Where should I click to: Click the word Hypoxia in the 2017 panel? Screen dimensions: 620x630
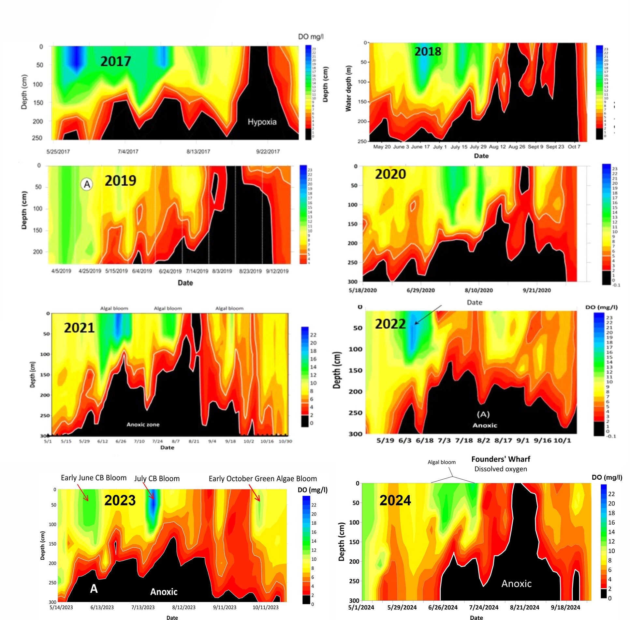[262, 122]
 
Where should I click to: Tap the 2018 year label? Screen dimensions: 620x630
[428, 52]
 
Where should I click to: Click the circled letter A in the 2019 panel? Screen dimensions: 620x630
[87, 184]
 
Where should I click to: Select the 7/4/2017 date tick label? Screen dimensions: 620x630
[128, 151]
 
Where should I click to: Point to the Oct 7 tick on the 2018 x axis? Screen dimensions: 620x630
[574, 147]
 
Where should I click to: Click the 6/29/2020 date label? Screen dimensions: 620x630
[420, 290]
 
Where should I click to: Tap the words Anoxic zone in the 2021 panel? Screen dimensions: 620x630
[143, 425]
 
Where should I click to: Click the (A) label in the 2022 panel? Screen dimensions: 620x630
[483, 414]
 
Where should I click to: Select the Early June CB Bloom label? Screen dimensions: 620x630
[94, 478]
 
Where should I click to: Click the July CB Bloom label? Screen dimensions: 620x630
[157, 478]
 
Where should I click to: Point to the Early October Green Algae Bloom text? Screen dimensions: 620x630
[263, 478]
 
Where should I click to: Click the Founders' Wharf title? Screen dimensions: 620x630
[501, 459]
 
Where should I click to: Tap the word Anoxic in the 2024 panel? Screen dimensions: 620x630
[516, 583]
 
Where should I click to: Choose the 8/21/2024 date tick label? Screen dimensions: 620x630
[524, 607]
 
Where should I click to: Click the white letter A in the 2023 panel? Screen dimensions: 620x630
[94, 589]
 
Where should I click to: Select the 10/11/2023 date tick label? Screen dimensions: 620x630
[266, 607]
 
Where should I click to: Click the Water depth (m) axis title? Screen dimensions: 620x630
[348, 88]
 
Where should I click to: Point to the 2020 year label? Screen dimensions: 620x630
[390, 174]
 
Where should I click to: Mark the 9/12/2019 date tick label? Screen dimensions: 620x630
[277, 271]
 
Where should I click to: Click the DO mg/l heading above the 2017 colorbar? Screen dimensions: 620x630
[311, 37]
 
